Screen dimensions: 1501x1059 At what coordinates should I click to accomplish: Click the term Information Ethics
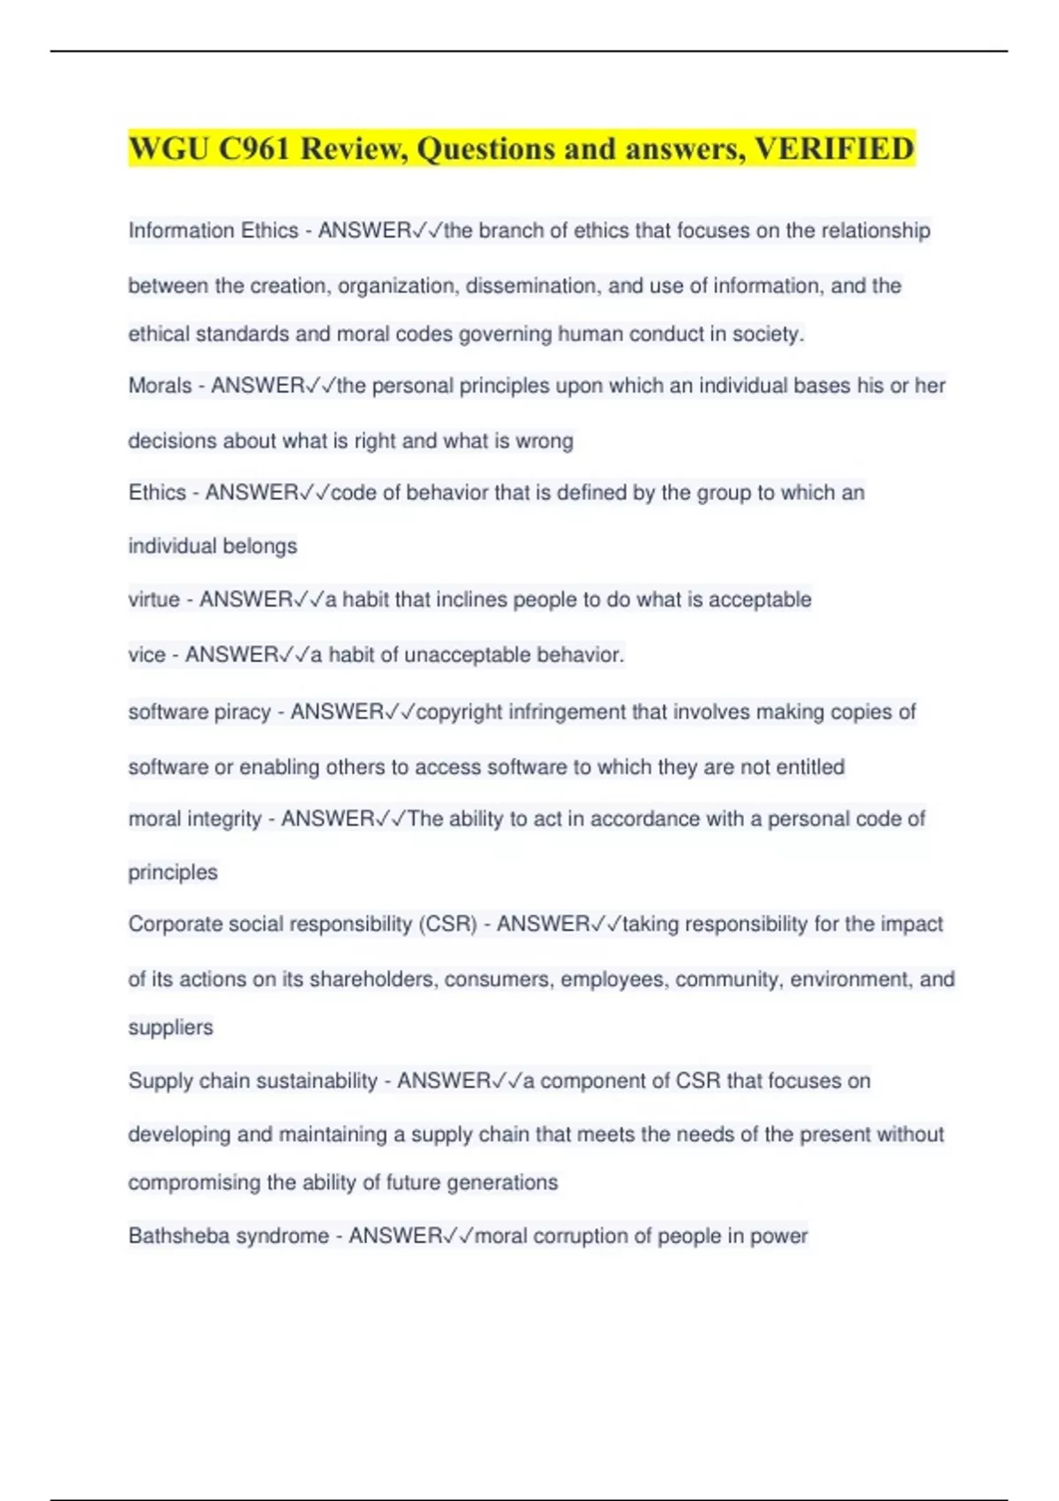(213, 230)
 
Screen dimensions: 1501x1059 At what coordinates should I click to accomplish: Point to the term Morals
(160, 386)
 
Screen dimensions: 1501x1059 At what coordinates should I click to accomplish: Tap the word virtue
(154, 600)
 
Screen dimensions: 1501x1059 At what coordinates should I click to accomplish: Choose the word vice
(146, 655)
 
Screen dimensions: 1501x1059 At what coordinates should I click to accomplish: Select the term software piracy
(199, 712)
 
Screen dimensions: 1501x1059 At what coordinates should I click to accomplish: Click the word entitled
(810, 766)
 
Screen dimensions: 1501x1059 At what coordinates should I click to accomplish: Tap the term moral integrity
(195, 819)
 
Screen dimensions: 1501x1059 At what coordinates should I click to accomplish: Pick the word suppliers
(170, 1028)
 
